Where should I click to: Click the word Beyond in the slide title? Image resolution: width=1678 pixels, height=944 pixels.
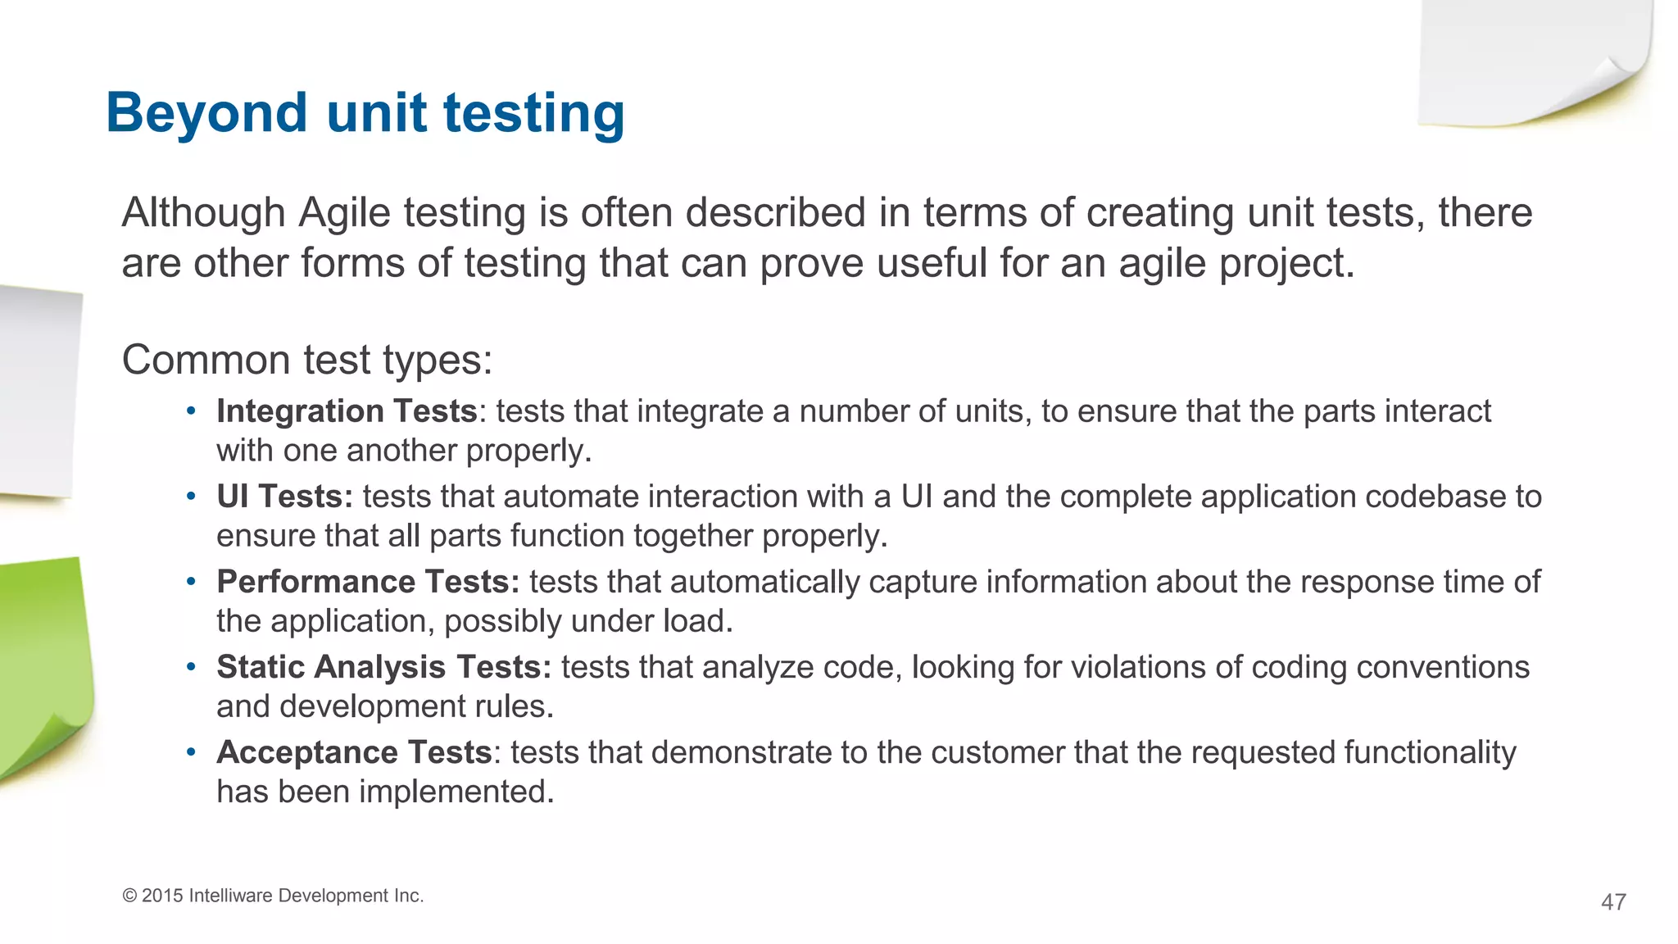(206, 113)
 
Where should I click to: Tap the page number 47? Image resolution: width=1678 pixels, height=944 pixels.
(1613, 902)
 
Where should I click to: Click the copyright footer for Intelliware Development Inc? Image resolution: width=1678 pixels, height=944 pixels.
(273, 896)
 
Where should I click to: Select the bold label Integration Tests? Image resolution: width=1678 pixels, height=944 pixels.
(347, 411)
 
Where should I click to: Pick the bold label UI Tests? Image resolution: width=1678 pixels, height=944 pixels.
(284, 497)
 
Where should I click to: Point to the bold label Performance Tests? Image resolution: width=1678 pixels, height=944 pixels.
(368, 582)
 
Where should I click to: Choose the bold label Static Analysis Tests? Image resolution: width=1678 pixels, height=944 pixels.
(383, 667)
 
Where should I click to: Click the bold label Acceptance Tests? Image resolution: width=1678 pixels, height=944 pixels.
(353, 752)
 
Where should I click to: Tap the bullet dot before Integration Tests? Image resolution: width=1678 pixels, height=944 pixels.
(191, 411)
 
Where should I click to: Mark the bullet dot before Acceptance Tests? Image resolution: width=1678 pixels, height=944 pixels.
(191, 751)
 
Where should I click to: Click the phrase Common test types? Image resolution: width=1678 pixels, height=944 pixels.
(307, 360)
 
